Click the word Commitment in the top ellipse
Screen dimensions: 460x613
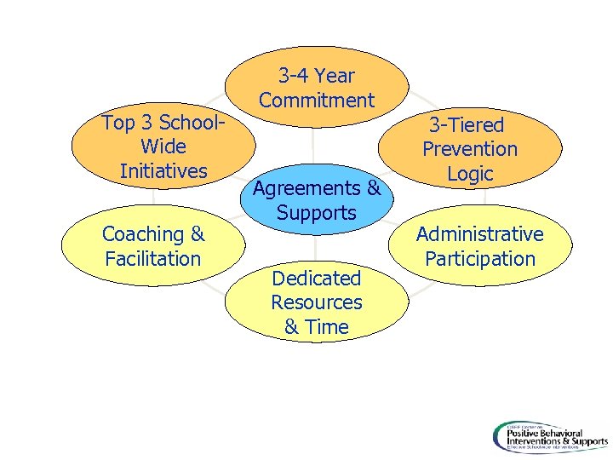pyautogui.click(x=317, y=101)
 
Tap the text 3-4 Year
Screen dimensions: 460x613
pyautogui.click(x=317, y=76)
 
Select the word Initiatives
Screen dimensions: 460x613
pyautogui.click(x=163, y=170)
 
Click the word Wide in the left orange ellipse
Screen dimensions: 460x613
pyautogui.click(x=163, y=147)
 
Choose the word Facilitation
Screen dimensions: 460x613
pyautogui.click(x=153, y=258)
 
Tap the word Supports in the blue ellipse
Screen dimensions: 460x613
pyautogui.click(x=317, y=213)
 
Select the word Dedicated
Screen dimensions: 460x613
pyautogui.click(x=317, y=278)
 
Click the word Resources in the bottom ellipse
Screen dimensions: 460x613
pyautogui.click(x=317, y=302)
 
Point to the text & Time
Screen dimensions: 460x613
pyautogui.click(x=317, y=327)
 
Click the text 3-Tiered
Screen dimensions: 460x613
pyautogui.click(x=467, y=125)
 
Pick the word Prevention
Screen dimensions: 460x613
pyautogui.click(x=470, y=149)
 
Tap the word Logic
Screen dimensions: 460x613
pyautogui.click(x=470, y=174)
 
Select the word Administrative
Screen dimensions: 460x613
pyautogui.click(x=479, y=234)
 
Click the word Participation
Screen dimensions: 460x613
pyautogui.click(x=479, y=258)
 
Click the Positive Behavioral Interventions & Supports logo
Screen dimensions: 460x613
pyautogui.click(x=549, y=436)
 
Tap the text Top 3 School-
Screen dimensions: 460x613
pyautogui.click(x=163, y=123)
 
